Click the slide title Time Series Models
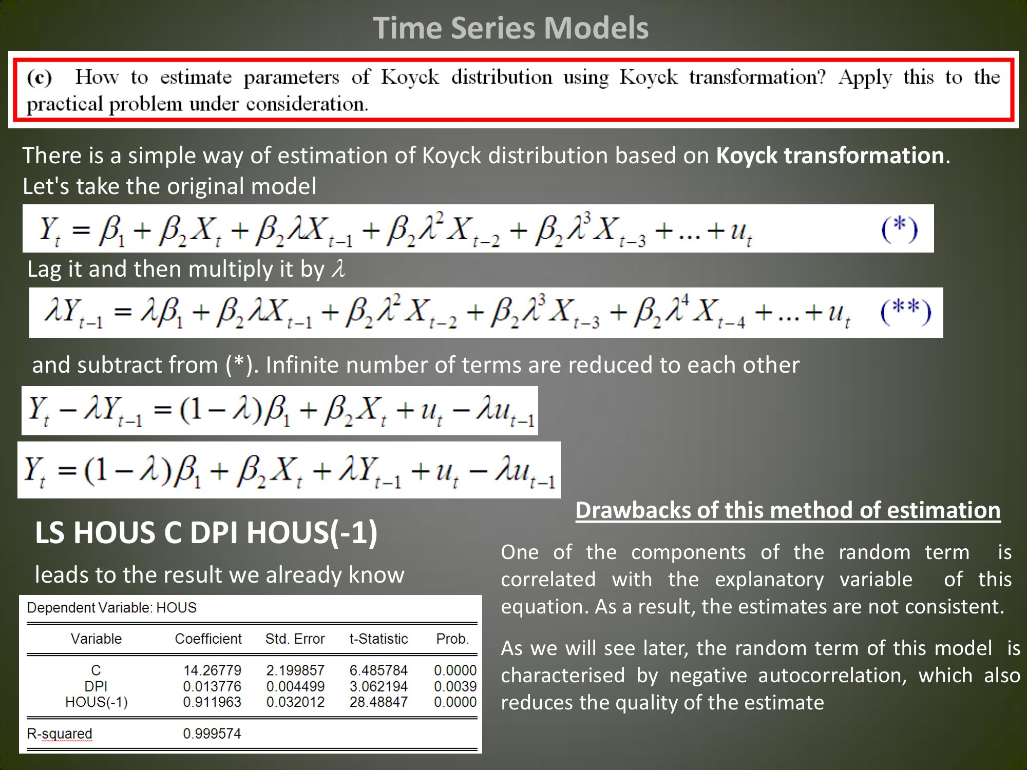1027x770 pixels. click(510, 28)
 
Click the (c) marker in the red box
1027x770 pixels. click(40, 78)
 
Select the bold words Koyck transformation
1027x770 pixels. click(830, 156)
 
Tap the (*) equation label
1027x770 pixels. click(899, 229)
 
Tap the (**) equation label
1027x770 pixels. click(906, 312)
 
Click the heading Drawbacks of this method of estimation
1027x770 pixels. click(788, 510)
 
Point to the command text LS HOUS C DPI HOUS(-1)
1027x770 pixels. click(206, 532)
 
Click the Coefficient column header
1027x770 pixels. click(208, 639)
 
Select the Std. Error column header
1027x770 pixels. click(295, 639)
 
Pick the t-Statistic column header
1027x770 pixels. click(378, 639)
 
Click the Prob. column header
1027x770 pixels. click(452, 639)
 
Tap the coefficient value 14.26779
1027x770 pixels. click(212, 670)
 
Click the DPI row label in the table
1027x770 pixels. click(96, 686)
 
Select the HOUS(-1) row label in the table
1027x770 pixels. click(96, 702)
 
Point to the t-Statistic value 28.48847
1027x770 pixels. click(378, 702)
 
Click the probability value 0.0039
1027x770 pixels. click(455, 686)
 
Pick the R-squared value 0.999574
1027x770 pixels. click(212, 734)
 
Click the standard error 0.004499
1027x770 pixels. click(295, 686)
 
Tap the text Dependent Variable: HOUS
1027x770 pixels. click(111, 608)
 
